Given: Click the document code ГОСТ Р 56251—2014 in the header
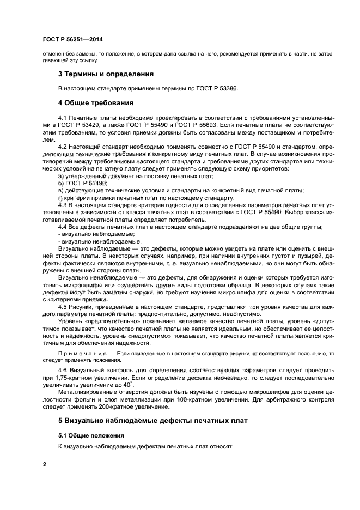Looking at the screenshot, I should pos(72,40).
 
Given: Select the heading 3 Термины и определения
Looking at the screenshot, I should pos(106,74).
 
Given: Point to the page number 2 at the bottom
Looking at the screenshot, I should pos(45,464).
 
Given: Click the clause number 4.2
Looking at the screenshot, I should pos(62,147).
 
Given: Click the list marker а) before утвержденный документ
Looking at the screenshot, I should pos(60,175).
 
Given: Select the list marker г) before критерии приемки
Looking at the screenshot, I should pos(60,198).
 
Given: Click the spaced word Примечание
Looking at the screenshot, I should pos(80,354).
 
